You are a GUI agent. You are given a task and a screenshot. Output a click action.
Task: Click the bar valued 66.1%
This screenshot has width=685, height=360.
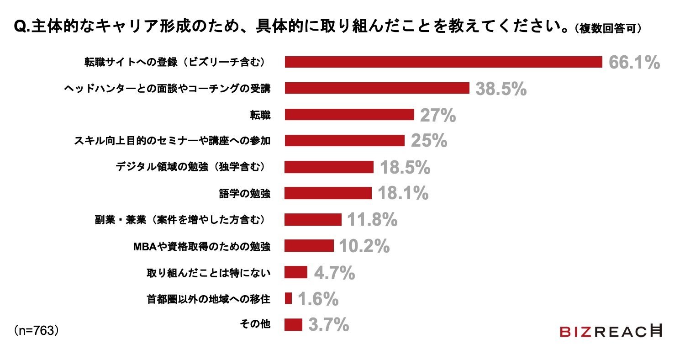coord(443,62)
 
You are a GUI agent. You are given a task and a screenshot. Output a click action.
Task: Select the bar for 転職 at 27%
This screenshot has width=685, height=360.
coord(349,115)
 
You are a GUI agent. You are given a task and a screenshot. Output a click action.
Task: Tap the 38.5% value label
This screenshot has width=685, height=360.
coord(501,89)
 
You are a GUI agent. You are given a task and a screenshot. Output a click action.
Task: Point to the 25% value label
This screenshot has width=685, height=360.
coord(429,141)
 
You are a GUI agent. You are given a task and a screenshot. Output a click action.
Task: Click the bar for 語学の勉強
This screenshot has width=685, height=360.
coord(328,193)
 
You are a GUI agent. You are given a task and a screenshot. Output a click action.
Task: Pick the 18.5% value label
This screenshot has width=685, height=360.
coord(405,168)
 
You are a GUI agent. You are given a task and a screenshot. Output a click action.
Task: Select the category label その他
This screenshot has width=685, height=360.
coord(255,323)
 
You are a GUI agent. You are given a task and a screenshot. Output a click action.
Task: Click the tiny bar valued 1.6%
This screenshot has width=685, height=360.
coord(288,298)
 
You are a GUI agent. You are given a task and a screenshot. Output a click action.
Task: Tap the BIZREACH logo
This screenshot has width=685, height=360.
coord(611,331)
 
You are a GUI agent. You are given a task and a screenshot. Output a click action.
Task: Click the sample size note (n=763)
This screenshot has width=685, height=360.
coord(36,331)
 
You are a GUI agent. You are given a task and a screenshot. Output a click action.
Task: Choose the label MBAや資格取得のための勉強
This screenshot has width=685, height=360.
coord(202,246)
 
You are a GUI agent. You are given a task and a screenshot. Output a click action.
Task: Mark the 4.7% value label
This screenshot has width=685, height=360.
coord(334,273)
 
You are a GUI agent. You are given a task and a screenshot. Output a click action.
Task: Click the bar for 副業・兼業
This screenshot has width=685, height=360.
coord(313,220)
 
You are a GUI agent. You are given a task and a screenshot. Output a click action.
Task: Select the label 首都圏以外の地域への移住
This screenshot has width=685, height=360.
coord(209,299)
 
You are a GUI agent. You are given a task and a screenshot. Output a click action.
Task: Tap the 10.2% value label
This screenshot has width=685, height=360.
coord(364,246)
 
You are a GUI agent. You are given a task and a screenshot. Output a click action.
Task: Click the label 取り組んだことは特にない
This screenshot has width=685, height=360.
coord(209,273)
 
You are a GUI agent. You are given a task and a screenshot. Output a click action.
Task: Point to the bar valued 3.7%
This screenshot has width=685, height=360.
coord(293,324)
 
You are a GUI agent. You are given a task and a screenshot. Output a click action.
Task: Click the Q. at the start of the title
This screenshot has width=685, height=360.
coord(22,27)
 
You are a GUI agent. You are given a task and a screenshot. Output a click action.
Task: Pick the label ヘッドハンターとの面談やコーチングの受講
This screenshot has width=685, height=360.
coord(167,89)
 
